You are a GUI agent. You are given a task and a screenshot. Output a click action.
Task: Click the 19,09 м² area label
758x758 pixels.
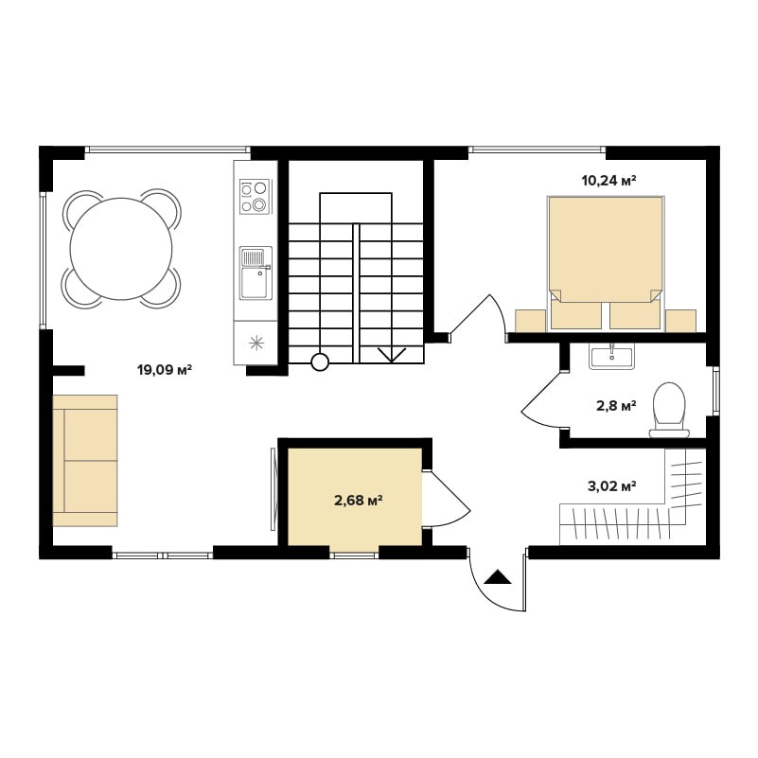point(165,371)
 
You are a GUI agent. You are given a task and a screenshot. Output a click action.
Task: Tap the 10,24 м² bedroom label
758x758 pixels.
point(608,181)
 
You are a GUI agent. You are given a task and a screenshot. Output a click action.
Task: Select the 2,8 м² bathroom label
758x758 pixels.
point(616,405)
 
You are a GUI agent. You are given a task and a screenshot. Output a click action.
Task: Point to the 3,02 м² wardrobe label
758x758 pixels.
point(611,485)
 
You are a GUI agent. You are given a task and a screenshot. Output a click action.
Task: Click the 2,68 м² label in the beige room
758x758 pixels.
point(359,500)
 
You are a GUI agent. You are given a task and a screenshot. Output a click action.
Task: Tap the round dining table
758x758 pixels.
point(121,249)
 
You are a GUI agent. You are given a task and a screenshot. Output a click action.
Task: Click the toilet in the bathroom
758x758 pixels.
point(669,410)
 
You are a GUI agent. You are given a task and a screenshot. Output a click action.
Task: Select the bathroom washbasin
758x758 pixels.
point(612,356)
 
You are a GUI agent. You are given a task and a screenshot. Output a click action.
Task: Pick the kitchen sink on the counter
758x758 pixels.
point(256,273)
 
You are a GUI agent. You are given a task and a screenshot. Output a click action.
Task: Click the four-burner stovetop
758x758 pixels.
point(256,197)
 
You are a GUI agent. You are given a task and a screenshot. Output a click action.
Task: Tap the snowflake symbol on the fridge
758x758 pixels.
point(256,344)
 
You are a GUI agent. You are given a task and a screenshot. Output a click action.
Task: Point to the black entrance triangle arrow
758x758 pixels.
point(498,577)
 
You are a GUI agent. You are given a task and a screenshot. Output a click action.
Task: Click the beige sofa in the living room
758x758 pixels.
point(85,460)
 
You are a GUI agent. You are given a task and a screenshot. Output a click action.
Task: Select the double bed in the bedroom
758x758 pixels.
point(606,263)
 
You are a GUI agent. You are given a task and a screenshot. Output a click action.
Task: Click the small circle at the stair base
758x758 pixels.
point(320,361)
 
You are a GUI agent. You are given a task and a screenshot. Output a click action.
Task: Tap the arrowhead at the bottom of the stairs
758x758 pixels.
point(392,356)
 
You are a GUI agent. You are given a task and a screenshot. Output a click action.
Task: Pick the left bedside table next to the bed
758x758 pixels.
point(530,321)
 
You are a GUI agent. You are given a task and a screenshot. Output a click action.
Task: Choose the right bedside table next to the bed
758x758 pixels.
point(680,321)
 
